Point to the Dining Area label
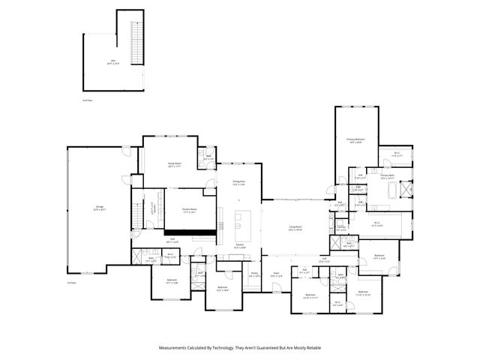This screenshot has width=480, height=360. (239, 183)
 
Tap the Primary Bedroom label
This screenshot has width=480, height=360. (355, 140)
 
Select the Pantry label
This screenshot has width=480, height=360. (255, 274)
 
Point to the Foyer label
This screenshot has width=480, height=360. (277, 274)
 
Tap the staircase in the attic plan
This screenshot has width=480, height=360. (136, 43)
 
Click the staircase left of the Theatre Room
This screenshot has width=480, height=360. (137, 208)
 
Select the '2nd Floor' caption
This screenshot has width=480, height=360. (88, 100)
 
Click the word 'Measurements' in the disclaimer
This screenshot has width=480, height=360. (175, 348)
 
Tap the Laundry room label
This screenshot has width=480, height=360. (341, 226)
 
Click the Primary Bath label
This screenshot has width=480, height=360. (388, 178)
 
